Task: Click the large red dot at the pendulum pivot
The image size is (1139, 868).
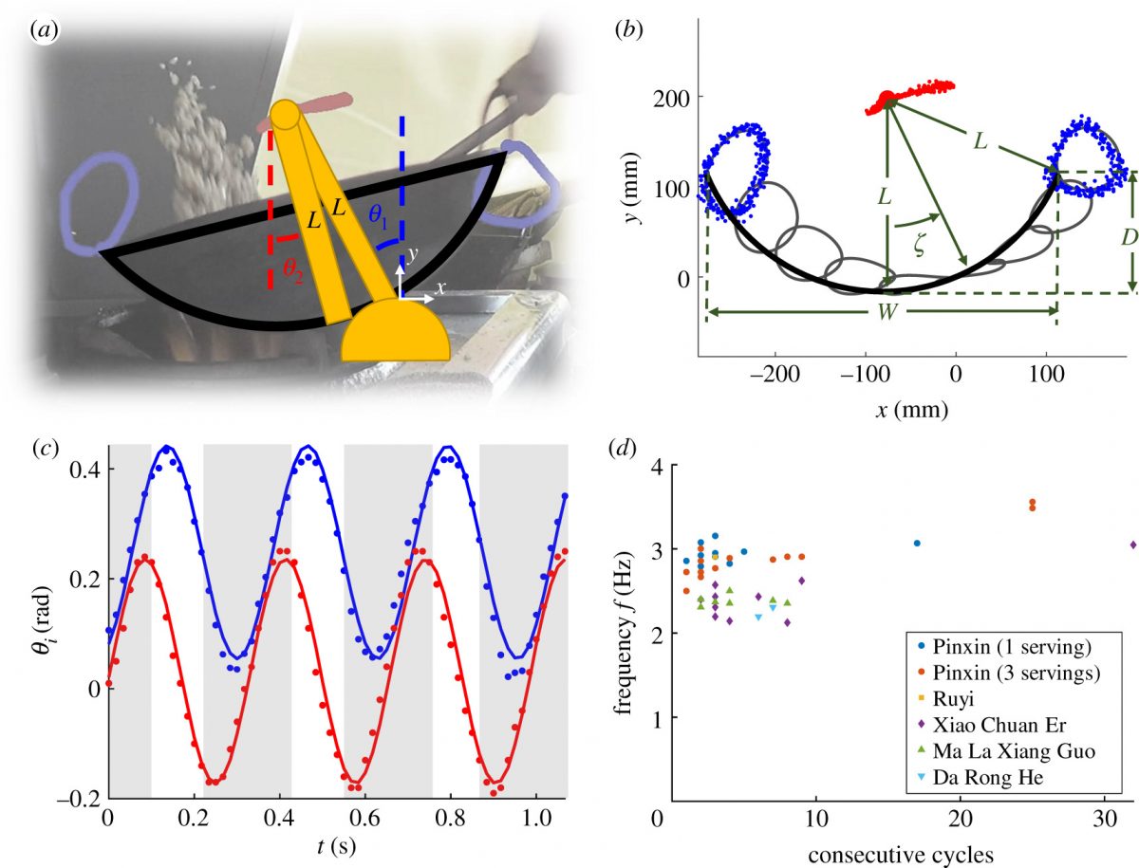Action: pyautogui.click(x=887, y=98)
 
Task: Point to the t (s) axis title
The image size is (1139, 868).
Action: pyautogui.click(x=337, y=842)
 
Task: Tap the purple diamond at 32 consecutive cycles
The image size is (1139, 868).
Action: pyautogui.click(x=1133, y=545)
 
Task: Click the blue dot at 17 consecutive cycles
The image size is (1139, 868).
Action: pyautogui.click(x=917, y=544)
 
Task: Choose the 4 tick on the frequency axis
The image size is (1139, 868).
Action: pyautogui.click(x=644, y=466)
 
